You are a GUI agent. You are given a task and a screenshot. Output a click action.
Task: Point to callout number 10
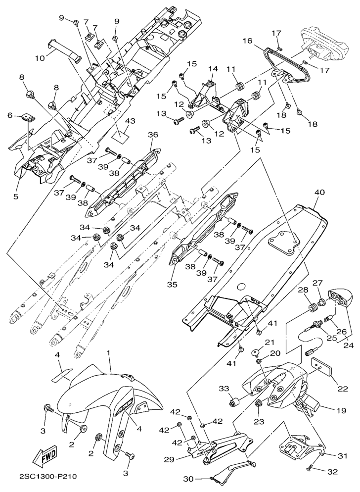[40, 58]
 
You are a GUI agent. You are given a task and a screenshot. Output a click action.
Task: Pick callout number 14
[213, 68]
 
